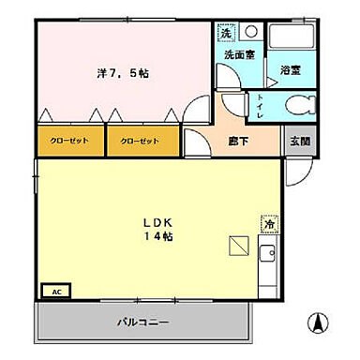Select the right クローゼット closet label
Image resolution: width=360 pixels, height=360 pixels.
(139, 142)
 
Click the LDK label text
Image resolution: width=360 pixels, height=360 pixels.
(157, 222)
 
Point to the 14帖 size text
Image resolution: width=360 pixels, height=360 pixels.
(157, 236)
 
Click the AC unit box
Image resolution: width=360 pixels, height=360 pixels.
(55, 292)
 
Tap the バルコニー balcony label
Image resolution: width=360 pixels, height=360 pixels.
(142, 322)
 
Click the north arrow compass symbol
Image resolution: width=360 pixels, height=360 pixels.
(318, 325)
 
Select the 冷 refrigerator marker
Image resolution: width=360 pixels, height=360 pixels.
(268, 225)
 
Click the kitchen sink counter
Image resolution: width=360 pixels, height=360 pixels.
(267, 254)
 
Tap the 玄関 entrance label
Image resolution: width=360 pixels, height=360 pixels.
(298, 141)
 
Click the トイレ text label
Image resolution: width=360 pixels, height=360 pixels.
(259, 107)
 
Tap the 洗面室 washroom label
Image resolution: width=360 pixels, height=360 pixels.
(239, 56)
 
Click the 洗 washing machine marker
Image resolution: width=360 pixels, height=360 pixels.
(225, 34)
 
